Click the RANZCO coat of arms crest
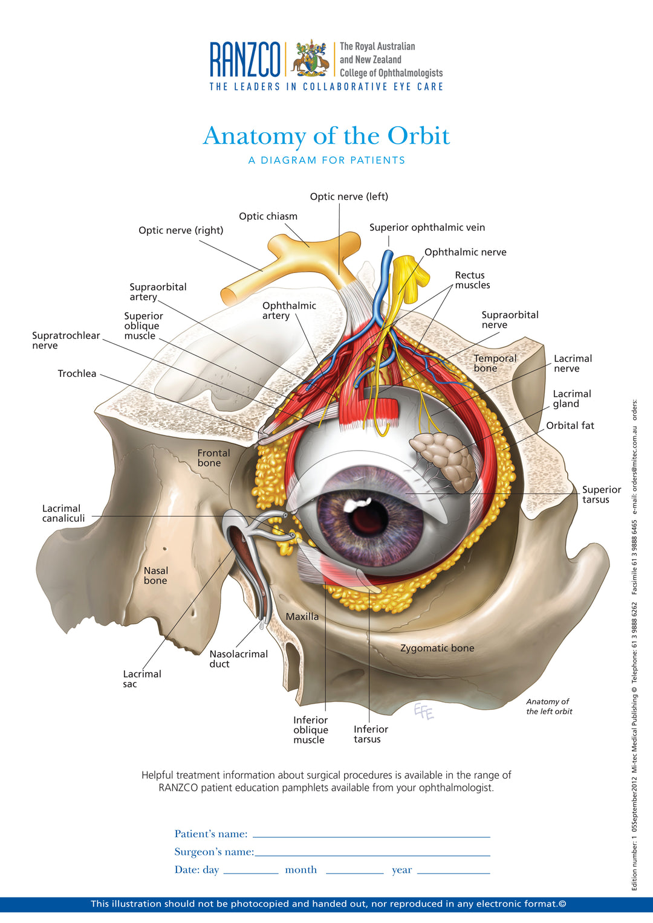click(x=311, y=59)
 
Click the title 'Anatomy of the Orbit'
click(x=326, y=136)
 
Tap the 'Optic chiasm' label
click(x=268, y=216)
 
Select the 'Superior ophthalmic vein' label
click(x=427, y=227)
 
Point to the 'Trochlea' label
click(x=77, y=373)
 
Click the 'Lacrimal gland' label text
click(x=571, y=399)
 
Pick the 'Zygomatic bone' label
click(x=437, y=648)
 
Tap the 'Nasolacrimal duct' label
click(x=238, y=658)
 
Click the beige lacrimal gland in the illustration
click(x=444, y=459)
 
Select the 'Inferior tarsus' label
click(x=371, y=734)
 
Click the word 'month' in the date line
click(x=301, y=870)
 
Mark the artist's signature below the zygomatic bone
click(x=424, y=712)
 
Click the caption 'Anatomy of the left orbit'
click(x=548, y=706)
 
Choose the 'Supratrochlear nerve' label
click(x=65, y=340)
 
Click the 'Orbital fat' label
click(x=570, y=425)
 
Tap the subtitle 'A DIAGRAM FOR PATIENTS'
click(x=326, y=160)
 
